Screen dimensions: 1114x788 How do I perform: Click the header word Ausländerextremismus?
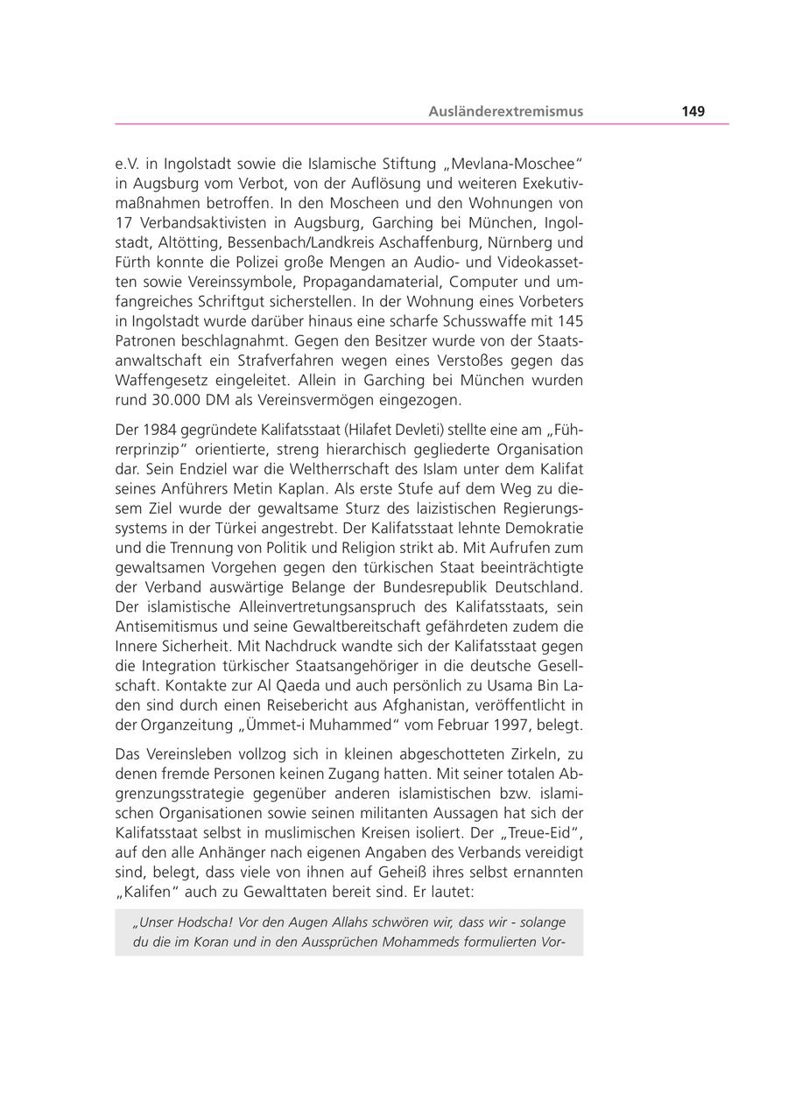(505, 111)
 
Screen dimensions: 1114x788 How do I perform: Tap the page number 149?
(693, 111)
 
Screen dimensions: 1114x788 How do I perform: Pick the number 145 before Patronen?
(569, 321)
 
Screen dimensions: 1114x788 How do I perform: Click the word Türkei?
(277, 528)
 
